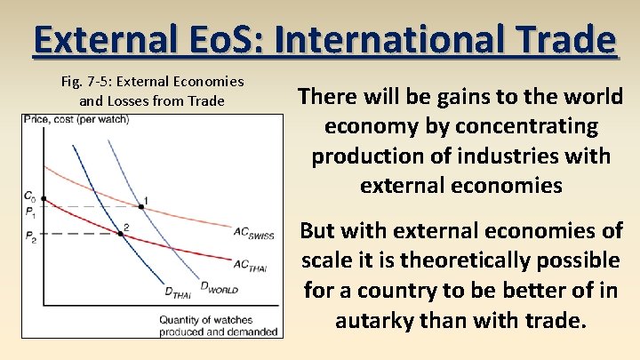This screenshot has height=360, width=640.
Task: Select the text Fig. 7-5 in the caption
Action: [x=88, y=82]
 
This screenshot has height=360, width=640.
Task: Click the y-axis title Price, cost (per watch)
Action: [x=76, y=119]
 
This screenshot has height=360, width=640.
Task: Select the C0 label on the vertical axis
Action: [x=30, y=196]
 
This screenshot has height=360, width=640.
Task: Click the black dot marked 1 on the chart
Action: [x=140, y=207]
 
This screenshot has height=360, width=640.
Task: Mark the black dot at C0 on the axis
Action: [x=44, y=198]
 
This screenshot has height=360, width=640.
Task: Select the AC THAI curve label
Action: [x=252, y=264]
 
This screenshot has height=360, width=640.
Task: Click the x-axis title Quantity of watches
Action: [x=204, y=319]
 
